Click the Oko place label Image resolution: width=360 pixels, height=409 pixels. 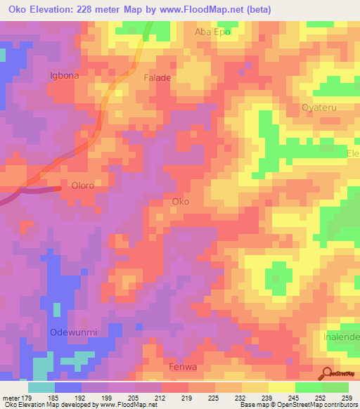(181, 202)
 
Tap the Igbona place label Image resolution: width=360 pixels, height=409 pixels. (64, 75)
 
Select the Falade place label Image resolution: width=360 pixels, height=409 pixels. (157, 78)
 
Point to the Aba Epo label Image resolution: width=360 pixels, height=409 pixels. (212, 32)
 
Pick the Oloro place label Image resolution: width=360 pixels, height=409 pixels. (83, 186)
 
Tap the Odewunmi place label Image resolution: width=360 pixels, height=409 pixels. (72, 332)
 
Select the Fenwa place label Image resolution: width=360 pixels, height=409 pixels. (184, 367)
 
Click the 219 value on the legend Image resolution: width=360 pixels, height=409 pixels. (188, 397)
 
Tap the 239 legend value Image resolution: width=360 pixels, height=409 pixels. (269, 397)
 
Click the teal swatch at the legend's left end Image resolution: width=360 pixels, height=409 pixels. (41, 387)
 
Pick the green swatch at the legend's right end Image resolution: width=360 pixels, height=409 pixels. (335, 387)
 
